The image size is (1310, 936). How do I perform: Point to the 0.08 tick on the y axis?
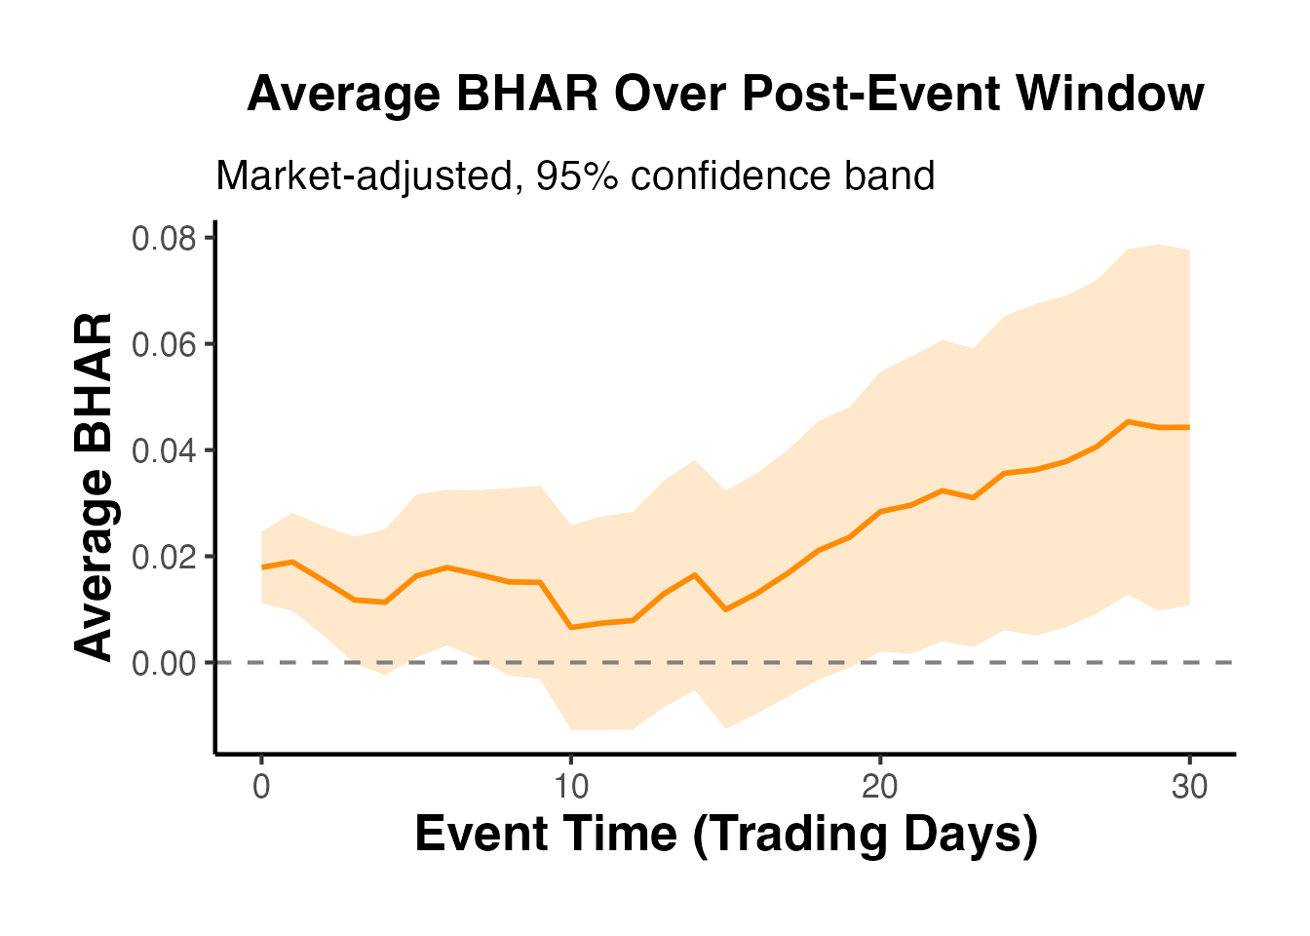pyautogui.click(x=164, y=238)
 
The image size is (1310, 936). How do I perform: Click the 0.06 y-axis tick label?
pyautogui.click(x=164, y=344)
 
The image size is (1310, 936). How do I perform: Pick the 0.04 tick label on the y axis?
pyautogui.click(x=164, y=450)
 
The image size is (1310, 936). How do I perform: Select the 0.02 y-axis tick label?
pyautogui.click(x=164, y=557)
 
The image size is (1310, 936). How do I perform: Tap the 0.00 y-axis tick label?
pyautogui.click(x=164, y=663)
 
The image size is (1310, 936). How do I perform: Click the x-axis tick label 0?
pyautogui.click(x=261, y=787)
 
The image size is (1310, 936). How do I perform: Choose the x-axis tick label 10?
pyautogui.click(x=570, y=787)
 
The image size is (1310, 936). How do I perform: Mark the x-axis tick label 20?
pyautogui.click(x=880, y=787)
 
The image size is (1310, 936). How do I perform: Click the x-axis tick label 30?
pyautogui.click(x=1189, y=787)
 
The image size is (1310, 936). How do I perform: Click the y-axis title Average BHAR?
pyautogui.click(x=95, y=487)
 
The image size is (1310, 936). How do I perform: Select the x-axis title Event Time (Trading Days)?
pyautogui.click(x=726, y=835)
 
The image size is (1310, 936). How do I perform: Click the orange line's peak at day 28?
pyautogui.click(x=1128, y=421)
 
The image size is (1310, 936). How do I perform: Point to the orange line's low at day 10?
pyautogui.click(x=570, y=627)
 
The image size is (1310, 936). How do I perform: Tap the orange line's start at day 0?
pyautogui.click(x=261, y=566)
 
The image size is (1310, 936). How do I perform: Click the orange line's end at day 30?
pyautogui.click(x=1189, y=427)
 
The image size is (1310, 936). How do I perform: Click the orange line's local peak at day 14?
pyautogui.click(x=694, y=574)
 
